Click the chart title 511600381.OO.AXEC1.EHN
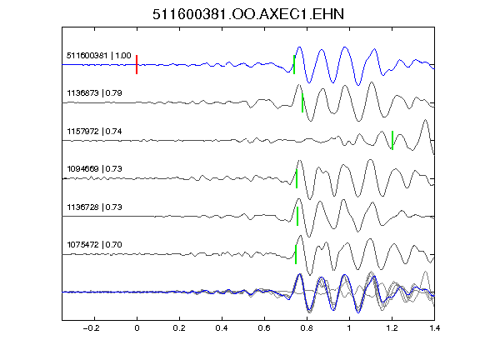click(x=248, y=14)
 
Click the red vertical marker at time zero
click(x=137, y=65)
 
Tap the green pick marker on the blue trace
click(x=294, y=65)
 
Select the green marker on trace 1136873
click(x=302, y=102)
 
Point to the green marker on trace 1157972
click(x=392, y=140)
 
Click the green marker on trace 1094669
click(x=297, y=178)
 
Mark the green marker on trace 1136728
click(x=297, y=216)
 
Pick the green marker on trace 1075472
click(x=296, y=254)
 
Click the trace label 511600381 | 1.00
click(x=99, y=55)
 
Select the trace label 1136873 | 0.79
click(x=94, y=92)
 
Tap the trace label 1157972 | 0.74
click(x=94, y=132)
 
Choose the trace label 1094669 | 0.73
click(x=94, y=168)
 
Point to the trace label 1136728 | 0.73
click(x=94, y=207)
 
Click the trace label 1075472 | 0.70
click(x=94, y=245)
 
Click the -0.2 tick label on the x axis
click(x=91, y=328)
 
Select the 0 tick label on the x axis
click(x=137, y=328)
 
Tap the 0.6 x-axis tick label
click(x=264, y=328)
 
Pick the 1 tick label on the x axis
click(x=349, y=328)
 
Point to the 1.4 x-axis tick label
click(x=434, y=328)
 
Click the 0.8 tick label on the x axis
click(x=307, y=328)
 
